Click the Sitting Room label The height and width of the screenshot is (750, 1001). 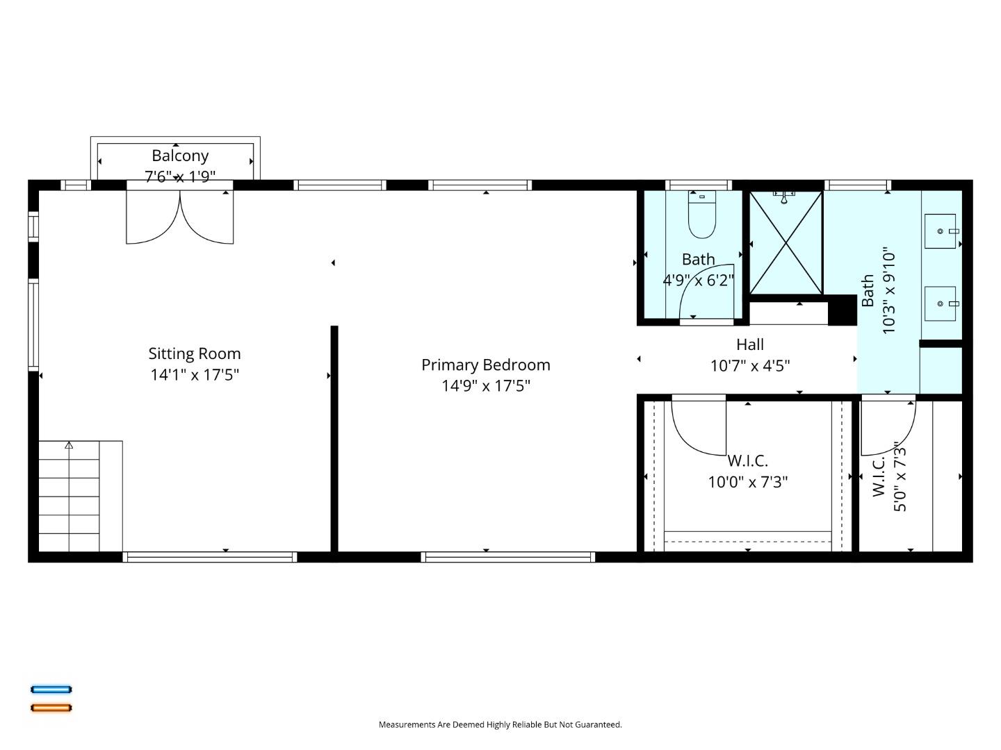(195, 353)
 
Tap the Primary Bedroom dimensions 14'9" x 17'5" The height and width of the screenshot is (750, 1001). (486, 385)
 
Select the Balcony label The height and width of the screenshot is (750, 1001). (180, 156)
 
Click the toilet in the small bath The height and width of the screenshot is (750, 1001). (702, 215)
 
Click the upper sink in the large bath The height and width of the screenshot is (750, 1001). (940, 231)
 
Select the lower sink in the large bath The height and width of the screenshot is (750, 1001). (940, 304)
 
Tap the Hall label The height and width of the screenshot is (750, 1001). (750, 344)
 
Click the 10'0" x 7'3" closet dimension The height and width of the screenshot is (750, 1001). (748, 482)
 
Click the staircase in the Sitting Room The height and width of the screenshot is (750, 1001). (70, 497)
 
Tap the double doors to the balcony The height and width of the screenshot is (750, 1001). (180, 217)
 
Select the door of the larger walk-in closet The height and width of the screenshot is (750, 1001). (697, 427)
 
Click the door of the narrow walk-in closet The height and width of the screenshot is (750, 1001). (888, 425)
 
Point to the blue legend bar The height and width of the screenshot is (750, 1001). (51, 690)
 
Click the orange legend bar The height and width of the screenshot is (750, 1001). (51, 708)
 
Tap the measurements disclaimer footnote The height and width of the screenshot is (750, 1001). (500, 724)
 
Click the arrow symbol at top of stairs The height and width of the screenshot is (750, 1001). (69, 445)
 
